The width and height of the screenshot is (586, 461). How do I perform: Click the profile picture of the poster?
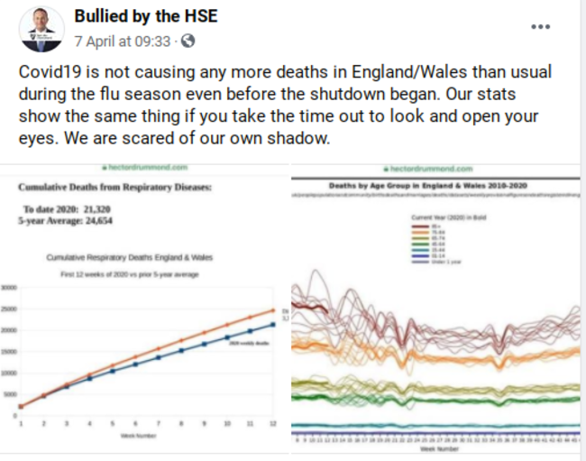(41, 30)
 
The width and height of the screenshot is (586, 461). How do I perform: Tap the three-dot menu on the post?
(540, 26)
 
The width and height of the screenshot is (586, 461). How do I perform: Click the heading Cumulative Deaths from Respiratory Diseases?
(114, 188)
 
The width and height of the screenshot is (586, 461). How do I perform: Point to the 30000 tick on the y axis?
(9, 288)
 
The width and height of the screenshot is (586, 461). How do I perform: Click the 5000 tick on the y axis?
(9, 394)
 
